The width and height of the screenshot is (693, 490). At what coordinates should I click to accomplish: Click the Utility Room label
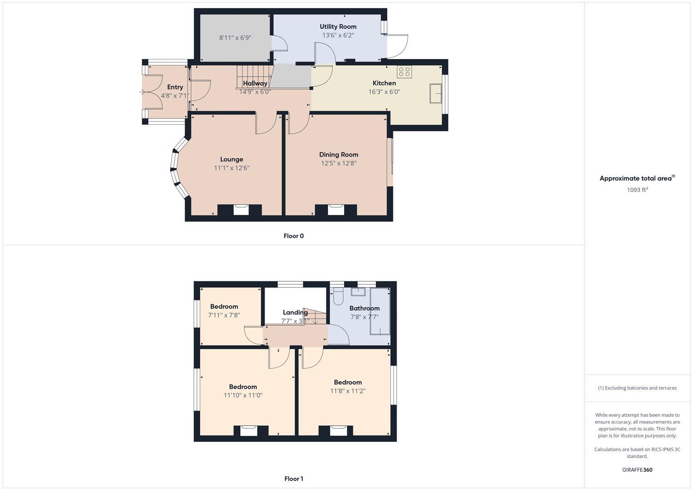338,26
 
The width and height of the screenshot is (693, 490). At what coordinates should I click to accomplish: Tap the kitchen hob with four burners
404,72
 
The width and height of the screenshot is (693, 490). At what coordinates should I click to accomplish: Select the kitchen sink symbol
436,93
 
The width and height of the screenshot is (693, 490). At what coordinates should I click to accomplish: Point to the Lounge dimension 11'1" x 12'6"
231,168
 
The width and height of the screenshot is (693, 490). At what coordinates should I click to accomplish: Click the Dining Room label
339,155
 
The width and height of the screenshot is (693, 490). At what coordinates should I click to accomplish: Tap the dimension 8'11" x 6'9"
235,38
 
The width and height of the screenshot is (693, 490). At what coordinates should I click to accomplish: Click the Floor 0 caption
294,236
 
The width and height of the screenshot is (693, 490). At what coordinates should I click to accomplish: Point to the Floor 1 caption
294,479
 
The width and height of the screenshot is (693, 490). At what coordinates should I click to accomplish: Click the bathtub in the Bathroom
380,311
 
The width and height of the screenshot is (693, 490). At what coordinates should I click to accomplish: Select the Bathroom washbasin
358,292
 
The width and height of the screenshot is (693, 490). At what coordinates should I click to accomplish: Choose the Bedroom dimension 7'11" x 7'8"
224,315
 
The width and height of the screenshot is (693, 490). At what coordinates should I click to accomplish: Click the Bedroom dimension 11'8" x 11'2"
348,391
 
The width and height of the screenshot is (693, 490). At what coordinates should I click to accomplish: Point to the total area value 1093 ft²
637,190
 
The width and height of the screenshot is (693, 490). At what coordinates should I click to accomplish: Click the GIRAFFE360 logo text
637,470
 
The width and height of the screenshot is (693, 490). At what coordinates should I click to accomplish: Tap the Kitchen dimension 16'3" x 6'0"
384,92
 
